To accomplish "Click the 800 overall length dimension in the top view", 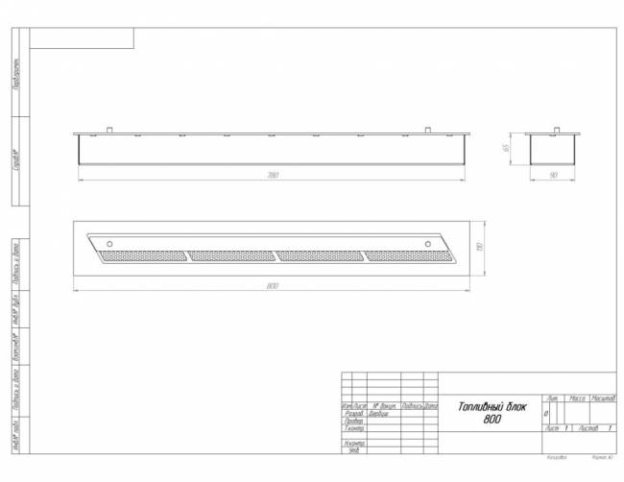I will [x=273, y=285].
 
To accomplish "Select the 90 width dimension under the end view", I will [x=553, y=176].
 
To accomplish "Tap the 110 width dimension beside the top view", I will [x=478, y=248].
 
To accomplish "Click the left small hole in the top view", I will [x=109, y=241].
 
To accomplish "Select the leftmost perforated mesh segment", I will [x=144, y=256].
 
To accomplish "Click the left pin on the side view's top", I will [x=111, y=129].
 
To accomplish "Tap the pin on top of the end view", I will [x=553, y=129].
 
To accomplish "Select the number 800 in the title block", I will [x=492, y=419].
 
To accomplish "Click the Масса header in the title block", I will [x=577, y=398].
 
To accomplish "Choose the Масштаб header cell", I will [x=603, y=398].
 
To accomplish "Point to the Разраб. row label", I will [x=352, y=414].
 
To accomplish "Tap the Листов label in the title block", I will [x=587, y=428].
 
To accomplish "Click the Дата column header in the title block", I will [x=431, y=406].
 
